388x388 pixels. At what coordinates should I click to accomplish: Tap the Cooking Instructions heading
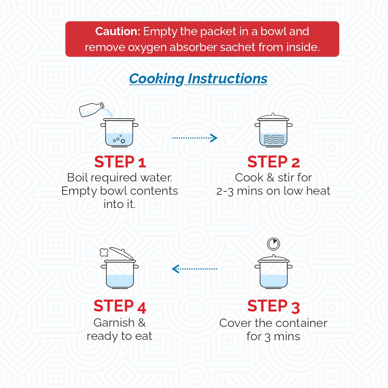pos(198,79)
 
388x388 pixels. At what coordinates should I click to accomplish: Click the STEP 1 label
pos(120,162)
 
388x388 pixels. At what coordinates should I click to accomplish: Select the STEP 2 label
pos(273,162)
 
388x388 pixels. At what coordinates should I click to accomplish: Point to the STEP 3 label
pos(273,306)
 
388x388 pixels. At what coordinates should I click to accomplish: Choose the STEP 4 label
pos(120,306)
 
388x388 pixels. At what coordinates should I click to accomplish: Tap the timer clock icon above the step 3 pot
pos(273,244)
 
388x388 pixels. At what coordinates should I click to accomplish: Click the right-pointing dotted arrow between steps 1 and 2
pos(194,138)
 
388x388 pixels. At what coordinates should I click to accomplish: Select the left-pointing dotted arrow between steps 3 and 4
pos(194,269)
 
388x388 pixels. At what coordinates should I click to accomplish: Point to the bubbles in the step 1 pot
pos(119,139)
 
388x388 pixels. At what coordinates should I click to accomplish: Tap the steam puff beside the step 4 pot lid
pos(104,253)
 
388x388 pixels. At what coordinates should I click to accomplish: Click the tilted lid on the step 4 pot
pos(122,253)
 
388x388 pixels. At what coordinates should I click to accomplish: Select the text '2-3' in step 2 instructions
pos(225,191)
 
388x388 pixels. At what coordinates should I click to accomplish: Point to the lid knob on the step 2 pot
pos(273,114)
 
